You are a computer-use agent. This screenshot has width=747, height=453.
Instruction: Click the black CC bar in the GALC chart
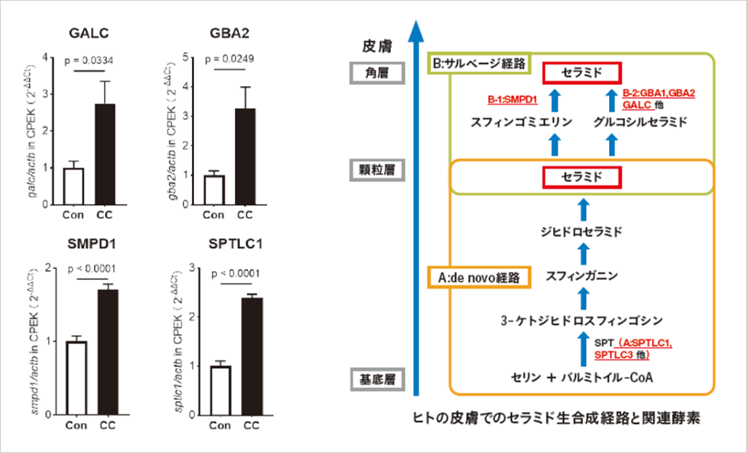tap(105, 155)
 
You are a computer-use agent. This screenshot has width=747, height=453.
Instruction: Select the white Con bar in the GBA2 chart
tap(214, 190)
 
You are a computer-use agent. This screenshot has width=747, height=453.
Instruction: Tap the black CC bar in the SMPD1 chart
tap(108, 351)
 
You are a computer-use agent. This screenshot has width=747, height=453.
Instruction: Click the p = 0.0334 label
tap(90, 60)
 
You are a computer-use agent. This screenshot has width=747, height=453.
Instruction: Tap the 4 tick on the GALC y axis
tap(46, 57)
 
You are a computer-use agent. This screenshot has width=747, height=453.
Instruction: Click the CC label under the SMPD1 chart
tap(107, 426)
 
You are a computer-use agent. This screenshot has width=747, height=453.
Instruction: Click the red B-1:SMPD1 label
tap(513, 99)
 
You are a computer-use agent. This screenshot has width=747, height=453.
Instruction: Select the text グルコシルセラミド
tap(640, 122)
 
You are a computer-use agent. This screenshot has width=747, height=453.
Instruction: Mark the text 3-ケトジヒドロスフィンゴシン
tap(582, 319)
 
